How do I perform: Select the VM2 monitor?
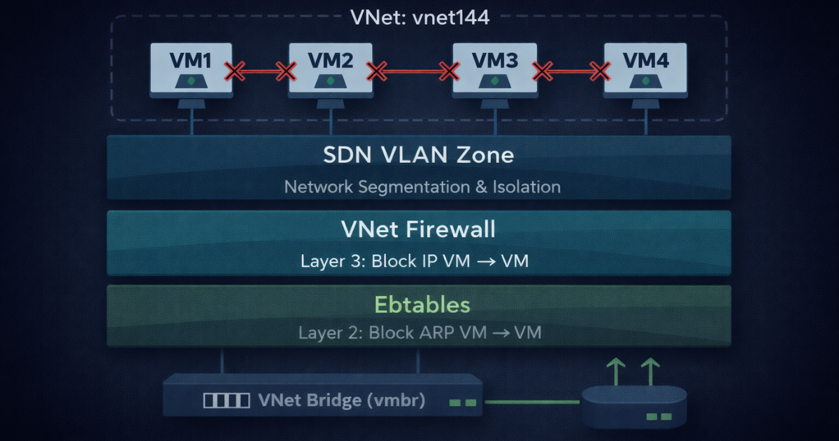point(329,69)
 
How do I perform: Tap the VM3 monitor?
point(494,69)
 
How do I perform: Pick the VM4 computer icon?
point(645,69)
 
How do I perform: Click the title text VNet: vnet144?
point(419,17)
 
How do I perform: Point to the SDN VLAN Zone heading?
point(419,155)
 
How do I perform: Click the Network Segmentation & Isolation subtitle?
point(422,187)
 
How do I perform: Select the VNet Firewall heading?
point(419,230)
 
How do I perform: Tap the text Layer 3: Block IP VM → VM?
point(415,262)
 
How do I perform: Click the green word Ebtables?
point(422,304)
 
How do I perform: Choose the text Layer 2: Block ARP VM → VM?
point(419,332)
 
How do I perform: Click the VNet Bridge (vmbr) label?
point(341,400)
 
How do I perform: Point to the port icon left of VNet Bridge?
point(226,401)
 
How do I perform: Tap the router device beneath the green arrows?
point(633,407)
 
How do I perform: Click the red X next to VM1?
point(235,71)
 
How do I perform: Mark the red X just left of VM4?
point(598,71)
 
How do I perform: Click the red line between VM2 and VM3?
point(413,71)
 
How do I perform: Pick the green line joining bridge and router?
point(531,402)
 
